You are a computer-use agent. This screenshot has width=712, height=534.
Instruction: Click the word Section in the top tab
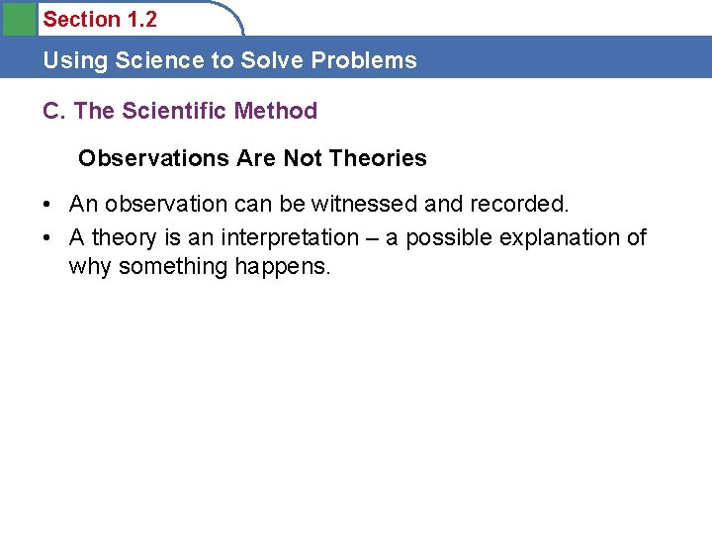click(78, 19)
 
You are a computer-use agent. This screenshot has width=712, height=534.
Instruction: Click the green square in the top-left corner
click(18, 19)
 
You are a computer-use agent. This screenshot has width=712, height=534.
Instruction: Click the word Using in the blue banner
click(75, 60)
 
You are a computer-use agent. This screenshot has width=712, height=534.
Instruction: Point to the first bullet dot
click(47, 205)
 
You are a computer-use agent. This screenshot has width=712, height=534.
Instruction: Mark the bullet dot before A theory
click(47, 238)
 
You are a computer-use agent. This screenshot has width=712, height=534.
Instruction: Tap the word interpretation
click(290, 237)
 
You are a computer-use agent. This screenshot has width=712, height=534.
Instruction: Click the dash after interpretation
click(373, 238)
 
